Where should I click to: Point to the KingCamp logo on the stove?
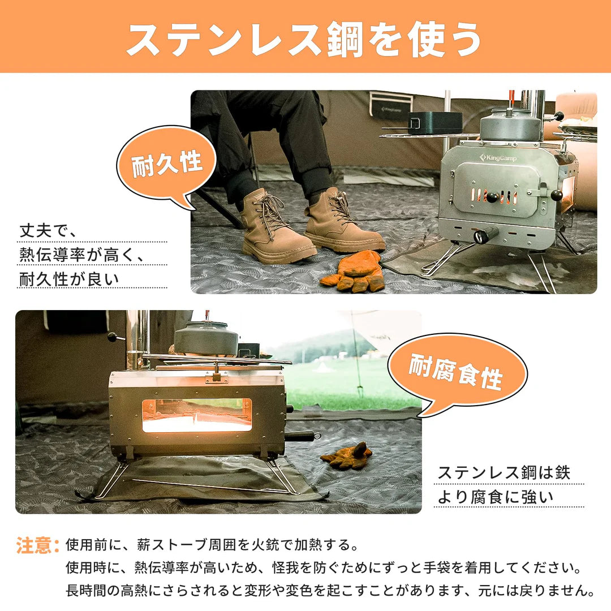tap(498, 157)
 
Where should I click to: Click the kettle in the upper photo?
tap(511, 126)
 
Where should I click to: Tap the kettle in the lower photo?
tap(206, 338)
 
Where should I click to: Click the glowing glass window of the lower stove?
tap(196, 415)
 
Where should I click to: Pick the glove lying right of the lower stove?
tap(347, 456)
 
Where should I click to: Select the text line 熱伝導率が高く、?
tap(81, 255)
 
